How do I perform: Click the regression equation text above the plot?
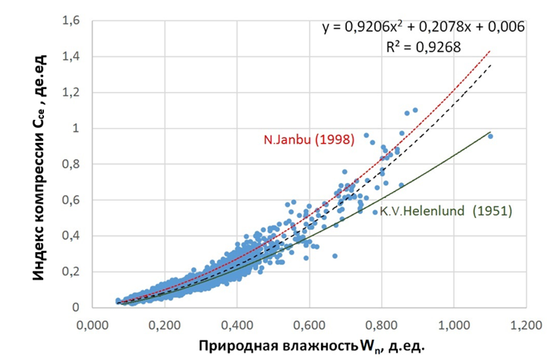[423, 27]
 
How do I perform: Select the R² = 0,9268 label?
[416, 47]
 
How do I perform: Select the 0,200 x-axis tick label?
[164, 322]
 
